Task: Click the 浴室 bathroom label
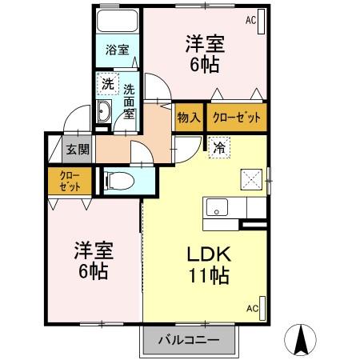click(117, 50)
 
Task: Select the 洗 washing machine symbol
click(106, 82)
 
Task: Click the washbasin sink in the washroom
click(104, 113)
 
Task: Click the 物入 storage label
click(190, 118)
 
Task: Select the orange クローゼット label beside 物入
click(236, 118)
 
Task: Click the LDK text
click(209, 254)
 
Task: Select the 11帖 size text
click(209, 277)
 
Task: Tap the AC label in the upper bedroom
click(251, 20)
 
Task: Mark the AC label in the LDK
click(252, 308)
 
